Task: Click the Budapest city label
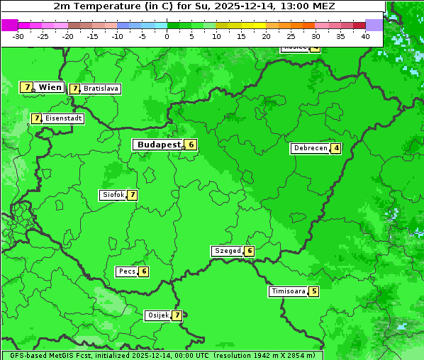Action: coord(159,145)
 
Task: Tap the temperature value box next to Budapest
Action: coord(191,145)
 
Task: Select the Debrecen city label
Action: coord(309,148)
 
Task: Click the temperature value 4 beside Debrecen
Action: coord(336,148)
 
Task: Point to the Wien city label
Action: coord(50,87)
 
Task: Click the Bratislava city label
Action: coord(100,89)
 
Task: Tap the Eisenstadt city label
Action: coord(62,118)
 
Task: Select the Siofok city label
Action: coord(112,195)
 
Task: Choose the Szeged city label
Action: coord(227,251)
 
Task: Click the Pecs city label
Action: coord(127,271)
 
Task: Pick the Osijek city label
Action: coord(157,315)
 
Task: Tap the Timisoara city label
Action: coord(288,291)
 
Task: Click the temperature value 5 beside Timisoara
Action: coord(314,291)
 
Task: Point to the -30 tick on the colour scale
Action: coord(18,35)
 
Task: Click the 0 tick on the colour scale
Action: coord(167,35)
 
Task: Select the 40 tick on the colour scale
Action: coord(365,35)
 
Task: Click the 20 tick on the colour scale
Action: coord(267,35)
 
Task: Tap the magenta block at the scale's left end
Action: coord(9,25)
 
